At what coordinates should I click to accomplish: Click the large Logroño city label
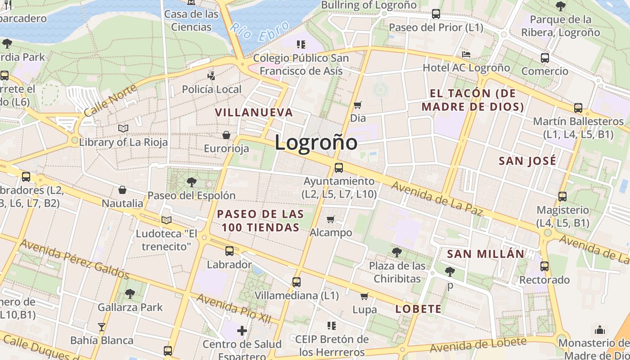pyautogui.click(x=316, y=143)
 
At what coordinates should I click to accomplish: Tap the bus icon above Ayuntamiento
pyautogui.click(x=339, y=168)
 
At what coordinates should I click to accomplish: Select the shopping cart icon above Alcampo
pyautogui.click(x=331, y=219)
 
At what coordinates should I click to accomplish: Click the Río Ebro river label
pyautogui.click(x=260, y=33)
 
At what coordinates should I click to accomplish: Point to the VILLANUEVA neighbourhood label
pyautogui.click(x=254, y=112)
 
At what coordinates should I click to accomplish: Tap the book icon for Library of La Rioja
pyautogui.click(x=123, y=128)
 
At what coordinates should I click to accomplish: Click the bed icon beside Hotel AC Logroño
pyautogui.click(x=466, y=54)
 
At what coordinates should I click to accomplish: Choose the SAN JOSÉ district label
pyautogui.click(x=528, y=161)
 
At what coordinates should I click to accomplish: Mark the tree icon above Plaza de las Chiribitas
pyautogui.click(x=396, y=252)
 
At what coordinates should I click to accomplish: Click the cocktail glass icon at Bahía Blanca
pyautogui.click(x=102, y=327)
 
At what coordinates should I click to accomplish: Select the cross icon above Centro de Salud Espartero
pyautogui.click(x=242, y=331)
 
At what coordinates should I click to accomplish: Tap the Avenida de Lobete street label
pyautogui.click(x=477, y=345)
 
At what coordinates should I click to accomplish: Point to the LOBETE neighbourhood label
pyautogui.click(x=418, y=309)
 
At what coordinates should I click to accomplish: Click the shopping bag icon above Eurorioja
pyautogui.click(x=226, y=135)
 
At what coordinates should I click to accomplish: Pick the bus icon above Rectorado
pyautogui.click(x=544, y=266)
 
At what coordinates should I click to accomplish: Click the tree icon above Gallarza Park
pyautogui.click(x=130, y=294)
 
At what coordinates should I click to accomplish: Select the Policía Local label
pyautogui.click(x=211, y=89)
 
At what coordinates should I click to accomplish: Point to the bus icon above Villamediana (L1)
pyautogui.click(x=296, y=282)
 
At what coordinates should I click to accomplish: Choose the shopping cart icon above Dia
pyautogui.click(x=358, y=105)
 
